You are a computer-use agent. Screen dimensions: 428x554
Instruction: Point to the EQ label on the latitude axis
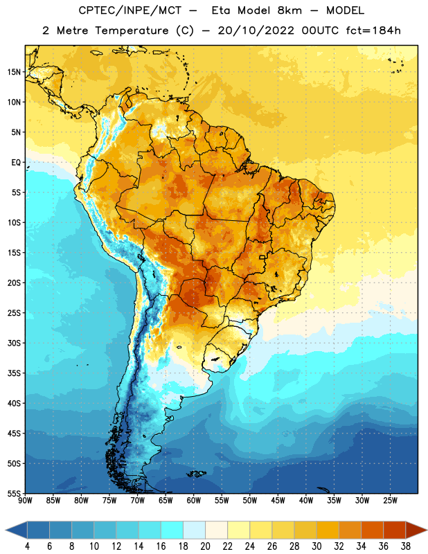(16, 163)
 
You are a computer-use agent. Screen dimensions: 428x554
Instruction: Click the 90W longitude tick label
(25, 501)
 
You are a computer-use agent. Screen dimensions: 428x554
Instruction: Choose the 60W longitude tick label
(194, 501)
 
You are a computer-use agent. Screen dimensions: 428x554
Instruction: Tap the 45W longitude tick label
(278, 501)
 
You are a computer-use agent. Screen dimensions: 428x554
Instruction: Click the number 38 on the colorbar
(405, 546)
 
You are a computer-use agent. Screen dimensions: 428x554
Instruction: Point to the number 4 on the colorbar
(27, 546)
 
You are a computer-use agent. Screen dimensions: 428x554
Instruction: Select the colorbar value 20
(205, 546)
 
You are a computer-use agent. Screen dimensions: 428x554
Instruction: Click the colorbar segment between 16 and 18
(172, 530)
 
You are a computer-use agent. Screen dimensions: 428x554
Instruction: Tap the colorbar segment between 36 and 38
(395, 530)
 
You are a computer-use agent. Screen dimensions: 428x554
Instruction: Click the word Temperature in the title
(132, 30)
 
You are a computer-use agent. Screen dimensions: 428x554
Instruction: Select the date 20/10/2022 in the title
(256, 30)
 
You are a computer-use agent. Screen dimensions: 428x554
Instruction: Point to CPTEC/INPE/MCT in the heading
(130, 10)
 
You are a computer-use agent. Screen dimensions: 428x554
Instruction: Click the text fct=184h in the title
(373, 30)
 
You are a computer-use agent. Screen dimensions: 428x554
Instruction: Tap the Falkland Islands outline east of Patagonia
(197, 474)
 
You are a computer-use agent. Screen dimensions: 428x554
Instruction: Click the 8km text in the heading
(289, 10)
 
